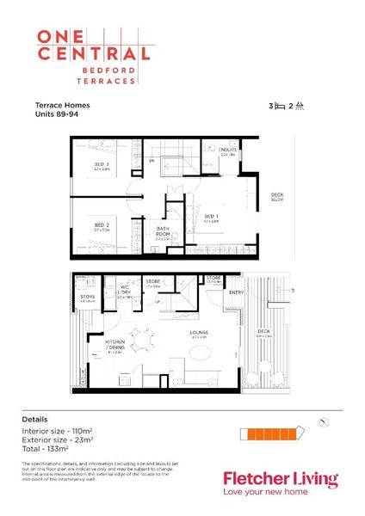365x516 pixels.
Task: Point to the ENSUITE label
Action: [227, 150]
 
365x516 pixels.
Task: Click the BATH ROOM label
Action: [162, 231]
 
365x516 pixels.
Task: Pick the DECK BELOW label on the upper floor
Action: [277, 197]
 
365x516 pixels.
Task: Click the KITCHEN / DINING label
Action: [116, 346]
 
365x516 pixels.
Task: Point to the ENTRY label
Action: [236, 293]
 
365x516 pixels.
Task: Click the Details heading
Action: [35, 419]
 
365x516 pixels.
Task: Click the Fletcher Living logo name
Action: [280, 479]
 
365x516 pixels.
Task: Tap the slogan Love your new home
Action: [275, 494]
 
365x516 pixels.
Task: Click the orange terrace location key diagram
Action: [271, 429]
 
